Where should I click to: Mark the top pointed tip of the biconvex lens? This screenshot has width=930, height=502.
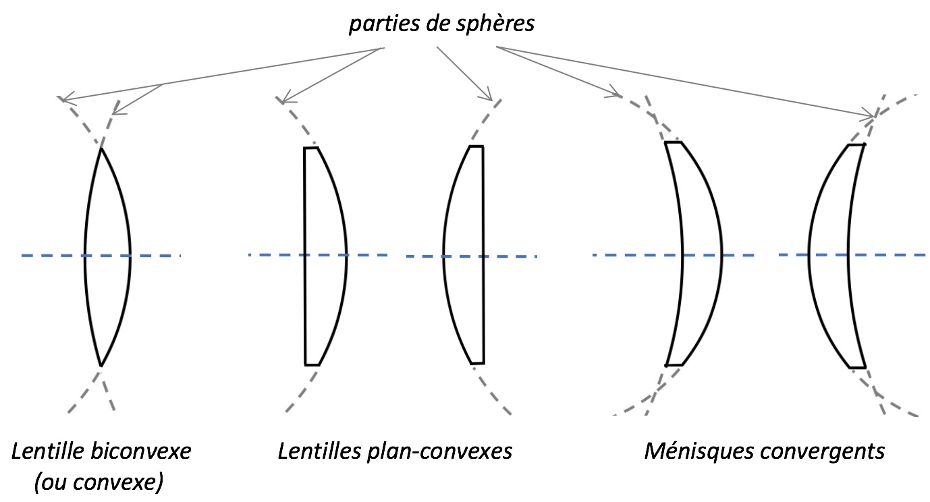coord(101,148)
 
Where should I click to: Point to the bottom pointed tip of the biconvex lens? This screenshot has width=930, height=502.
coord(101,366)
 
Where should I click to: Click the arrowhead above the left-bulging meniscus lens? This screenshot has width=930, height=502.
coord(875,115)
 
